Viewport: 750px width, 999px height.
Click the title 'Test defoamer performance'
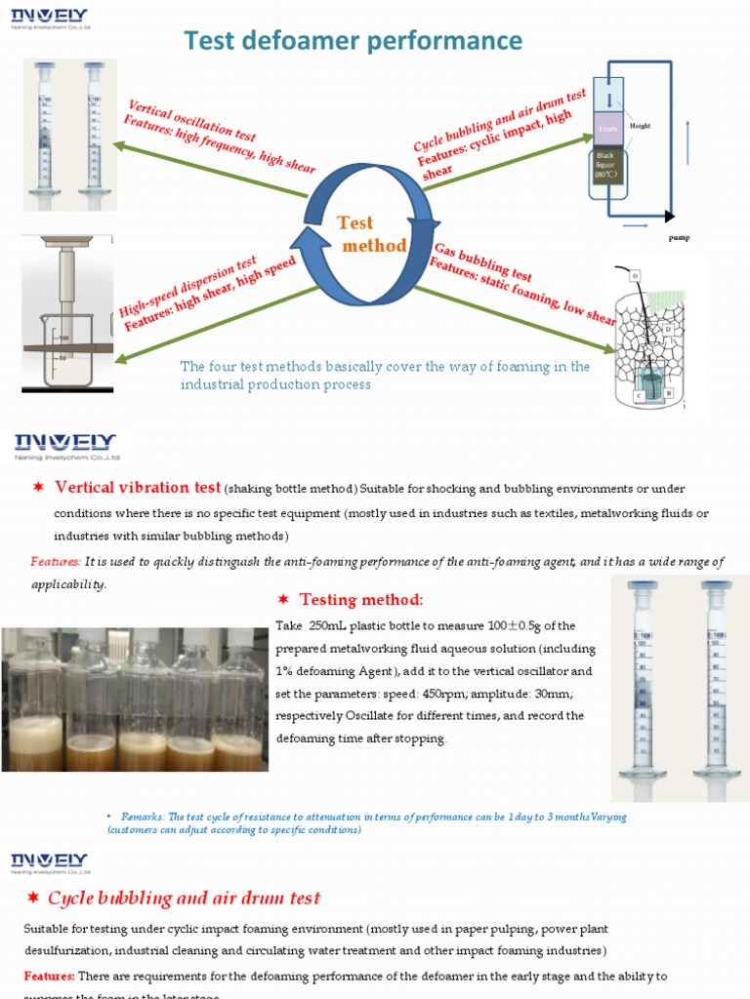pos(354,40)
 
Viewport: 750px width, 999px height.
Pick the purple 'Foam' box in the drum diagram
pos(610,128)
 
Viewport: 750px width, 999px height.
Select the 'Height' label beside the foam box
pos(640,126)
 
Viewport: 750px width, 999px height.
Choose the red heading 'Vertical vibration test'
pos(138,487)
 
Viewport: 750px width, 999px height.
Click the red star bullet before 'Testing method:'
pos(283,599)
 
